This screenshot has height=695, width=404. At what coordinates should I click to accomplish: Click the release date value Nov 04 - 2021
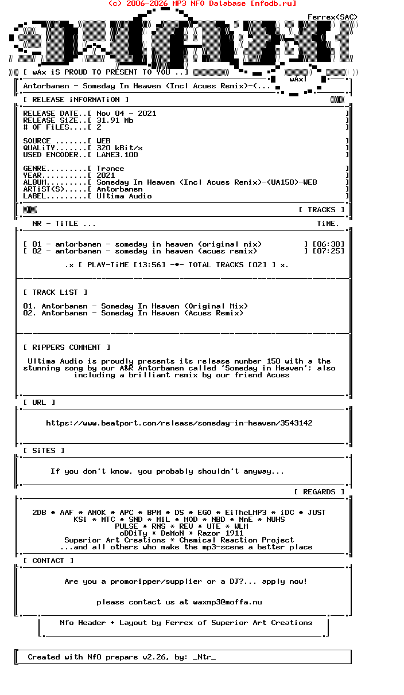(x=126, y=114)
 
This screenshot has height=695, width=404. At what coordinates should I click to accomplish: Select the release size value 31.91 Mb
(x=115, y=120)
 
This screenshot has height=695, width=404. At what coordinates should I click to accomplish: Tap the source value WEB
(x=103, y=141)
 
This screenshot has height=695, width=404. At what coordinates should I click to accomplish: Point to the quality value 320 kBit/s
(x=119, y=148)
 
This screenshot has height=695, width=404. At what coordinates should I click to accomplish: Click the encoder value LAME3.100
(x=117, y=155)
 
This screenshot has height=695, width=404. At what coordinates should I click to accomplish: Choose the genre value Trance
(x=110, y=169)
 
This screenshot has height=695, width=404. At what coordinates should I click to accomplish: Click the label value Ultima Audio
(x=124, y=196)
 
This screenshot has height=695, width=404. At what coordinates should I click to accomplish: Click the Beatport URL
(x=179, y=423)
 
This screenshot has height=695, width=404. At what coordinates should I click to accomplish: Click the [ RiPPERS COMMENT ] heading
(x=67, y=347)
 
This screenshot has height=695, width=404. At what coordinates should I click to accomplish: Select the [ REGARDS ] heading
(x=319, y=492)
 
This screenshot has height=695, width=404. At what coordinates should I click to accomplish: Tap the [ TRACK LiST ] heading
(x=55, y=292)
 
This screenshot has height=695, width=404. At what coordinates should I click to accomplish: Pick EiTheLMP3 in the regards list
(x=246, y=513)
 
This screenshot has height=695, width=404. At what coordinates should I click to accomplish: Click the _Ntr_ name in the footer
(x=204, y=657)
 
